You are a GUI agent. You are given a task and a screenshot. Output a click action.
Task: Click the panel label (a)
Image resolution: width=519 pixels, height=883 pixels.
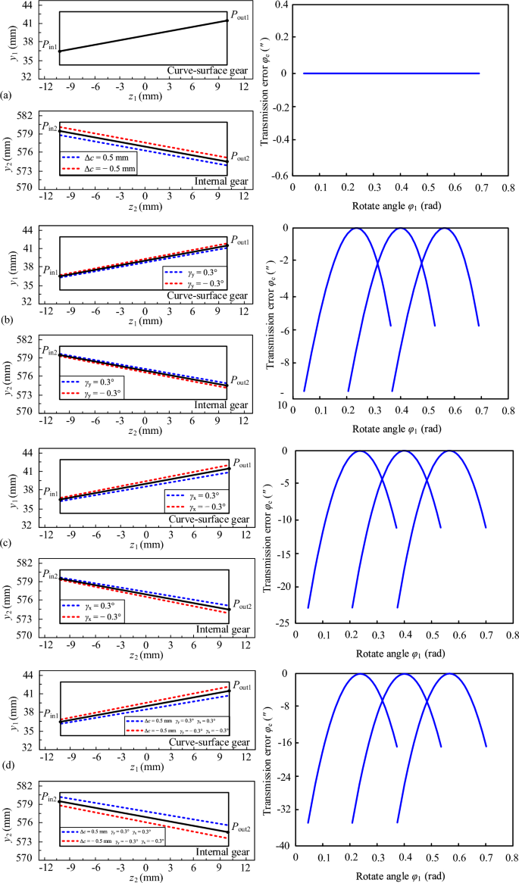point(6,95)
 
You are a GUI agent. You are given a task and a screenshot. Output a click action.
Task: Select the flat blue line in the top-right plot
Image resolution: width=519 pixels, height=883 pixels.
point(391,73)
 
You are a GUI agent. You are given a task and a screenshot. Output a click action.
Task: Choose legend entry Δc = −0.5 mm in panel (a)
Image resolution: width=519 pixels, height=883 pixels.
point(101,168)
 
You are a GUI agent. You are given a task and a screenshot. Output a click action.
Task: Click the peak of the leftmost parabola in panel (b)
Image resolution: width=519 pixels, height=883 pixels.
point(357,229)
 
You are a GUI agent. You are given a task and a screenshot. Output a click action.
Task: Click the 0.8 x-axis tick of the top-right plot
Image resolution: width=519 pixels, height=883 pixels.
point(506,186)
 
